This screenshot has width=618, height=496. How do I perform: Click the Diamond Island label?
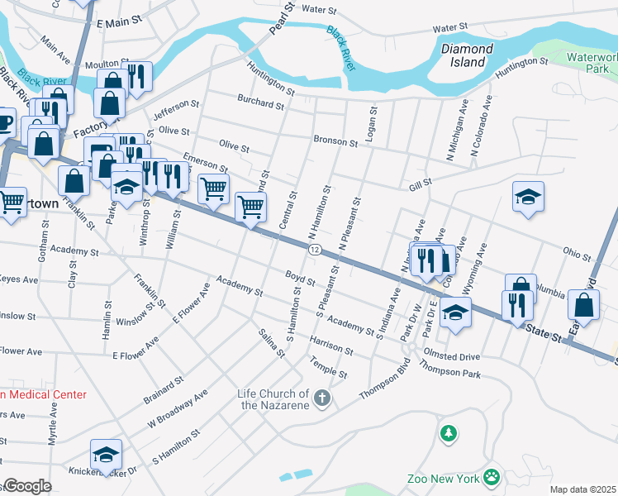click(467, 55)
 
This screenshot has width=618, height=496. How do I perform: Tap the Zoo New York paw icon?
click(492, 476)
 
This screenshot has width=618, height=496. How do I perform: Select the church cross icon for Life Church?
click(323, 399)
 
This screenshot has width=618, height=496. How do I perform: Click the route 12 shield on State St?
click(315, 249)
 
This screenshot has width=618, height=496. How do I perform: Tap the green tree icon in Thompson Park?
click(448, 432)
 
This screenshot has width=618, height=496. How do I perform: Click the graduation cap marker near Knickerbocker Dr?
click(105, 455)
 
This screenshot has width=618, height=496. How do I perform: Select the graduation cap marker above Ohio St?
click(528, 197)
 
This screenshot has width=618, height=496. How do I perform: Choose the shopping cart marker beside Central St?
click(250, 207)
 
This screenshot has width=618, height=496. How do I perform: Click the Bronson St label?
click(335, 141)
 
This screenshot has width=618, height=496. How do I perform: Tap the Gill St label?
click(420, 182)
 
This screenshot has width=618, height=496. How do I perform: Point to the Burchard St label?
click(261, 104)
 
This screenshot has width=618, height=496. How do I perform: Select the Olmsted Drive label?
click(451, 356)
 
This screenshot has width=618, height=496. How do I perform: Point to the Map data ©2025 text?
click(583, 489)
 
